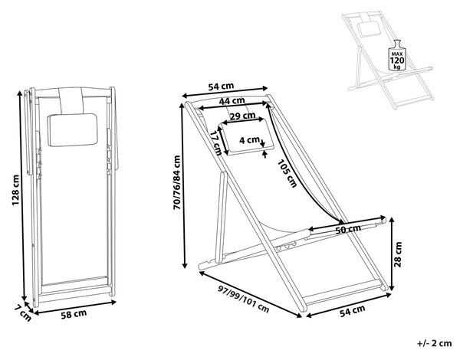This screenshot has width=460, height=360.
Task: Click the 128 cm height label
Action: tap(15, 190)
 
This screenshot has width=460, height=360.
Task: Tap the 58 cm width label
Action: tap(74, 314)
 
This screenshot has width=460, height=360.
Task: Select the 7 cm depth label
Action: tap(21, 313)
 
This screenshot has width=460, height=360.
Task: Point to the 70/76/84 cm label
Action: tap(177, 182)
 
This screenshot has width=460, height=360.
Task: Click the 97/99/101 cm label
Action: tap(243, 299)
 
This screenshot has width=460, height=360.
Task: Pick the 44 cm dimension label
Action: tap(232, 101)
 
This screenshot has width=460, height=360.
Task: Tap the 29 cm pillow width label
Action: tap(242, 116)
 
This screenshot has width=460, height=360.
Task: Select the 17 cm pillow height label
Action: tap(217, 142)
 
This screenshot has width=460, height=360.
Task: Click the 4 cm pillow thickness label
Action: tap(249, 140)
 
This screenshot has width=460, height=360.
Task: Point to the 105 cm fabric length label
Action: tap(287, 173)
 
